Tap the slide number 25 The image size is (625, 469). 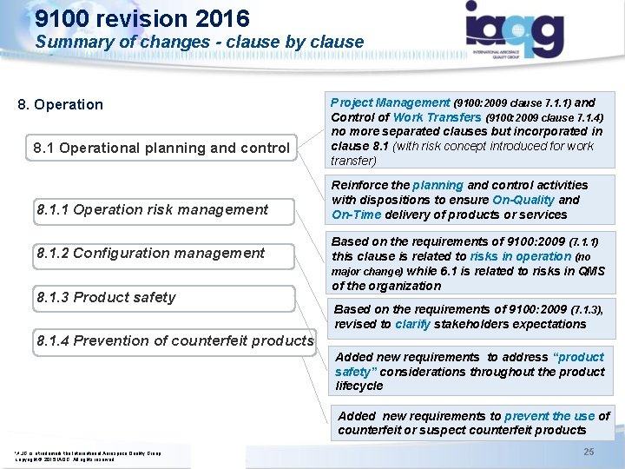pos(589,452)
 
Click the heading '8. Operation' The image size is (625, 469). pos(61,104)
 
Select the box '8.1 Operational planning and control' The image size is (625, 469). pos(161,148)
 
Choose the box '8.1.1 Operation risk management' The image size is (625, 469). pos(153,209)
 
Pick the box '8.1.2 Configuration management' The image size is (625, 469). pos(151,253)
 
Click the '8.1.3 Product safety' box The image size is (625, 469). pos(106,297)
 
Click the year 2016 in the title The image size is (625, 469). pos(221,18)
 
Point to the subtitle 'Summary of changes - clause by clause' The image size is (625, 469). pos(200,42)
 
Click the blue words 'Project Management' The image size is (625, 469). pos(391,102)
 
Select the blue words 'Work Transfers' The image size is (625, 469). pos(437,117)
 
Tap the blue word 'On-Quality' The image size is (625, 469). pos(523,200)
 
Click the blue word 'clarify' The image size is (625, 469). pos(412,324)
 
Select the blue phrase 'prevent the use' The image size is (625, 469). pos(549,416)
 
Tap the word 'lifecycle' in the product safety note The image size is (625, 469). pos(359,386)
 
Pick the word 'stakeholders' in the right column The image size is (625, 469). pos(470,324)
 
